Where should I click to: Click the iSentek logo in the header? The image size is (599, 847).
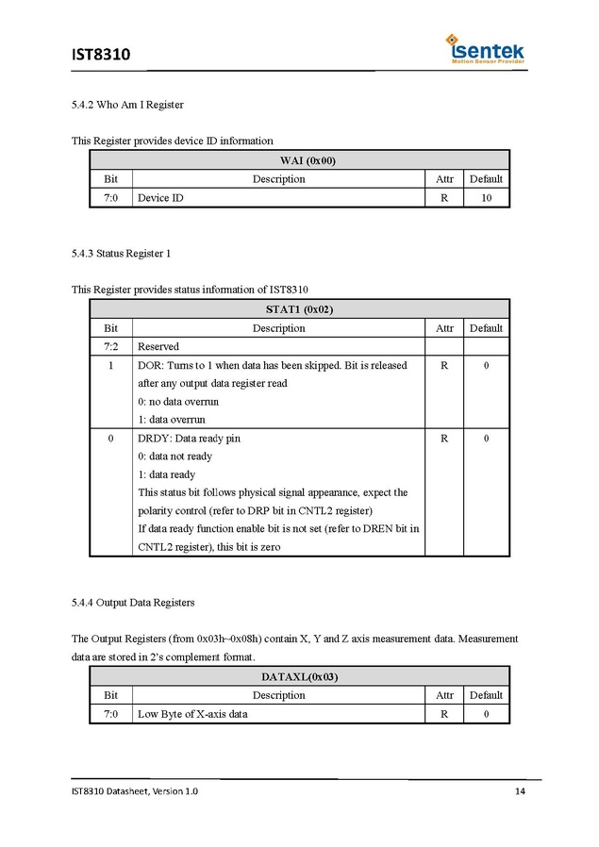pyautogui.click(x=486, y=48)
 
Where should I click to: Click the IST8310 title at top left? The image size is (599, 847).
pyautogui.click(x=100, y=55)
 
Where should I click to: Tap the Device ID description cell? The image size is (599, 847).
pyautogui.click(x=160, y=198)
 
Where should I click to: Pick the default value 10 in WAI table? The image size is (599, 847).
pyautogui.click(x=486, y=198)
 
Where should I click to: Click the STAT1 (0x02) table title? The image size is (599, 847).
pyautogui.click(x=299, y=309)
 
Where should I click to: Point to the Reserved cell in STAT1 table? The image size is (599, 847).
pyautogui.click(x=158, y=346)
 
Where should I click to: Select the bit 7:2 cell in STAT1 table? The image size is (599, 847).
pyautogui.click(x=110, y=346)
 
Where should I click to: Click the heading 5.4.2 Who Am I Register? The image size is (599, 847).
pyautogui.click(x=126, y=105)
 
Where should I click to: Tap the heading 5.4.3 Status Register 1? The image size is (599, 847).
pyautogui.click(x=121, y=254)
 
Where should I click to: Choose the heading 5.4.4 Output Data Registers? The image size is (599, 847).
pyautogui.click(x=132, y=602)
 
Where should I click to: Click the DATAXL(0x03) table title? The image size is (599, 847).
pyautogui.click(x=299, y=676)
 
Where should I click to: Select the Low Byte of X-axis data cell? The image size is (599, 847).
pyautogui.click(x=192, y=714)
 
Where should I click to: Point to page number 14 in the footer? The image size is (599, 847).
pyautogui.click(x=520, y=790)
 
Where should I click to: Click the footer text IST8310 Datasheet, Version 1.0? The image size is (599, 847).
pyautogui.click(x=135, y=790)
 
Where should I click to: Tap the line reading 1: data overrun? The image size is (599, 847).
pyautogui.click(x=171, y=419)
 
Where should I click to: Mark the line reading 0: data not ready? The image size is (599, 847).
pyautogui.click(x=175, y=457)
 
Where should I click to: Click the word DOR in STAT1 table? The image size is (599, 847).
pyautogui.click(x=149, y=365)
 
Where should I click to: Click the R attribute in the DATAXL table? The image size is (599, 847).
pyautogui.click(x=444, y=714)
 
